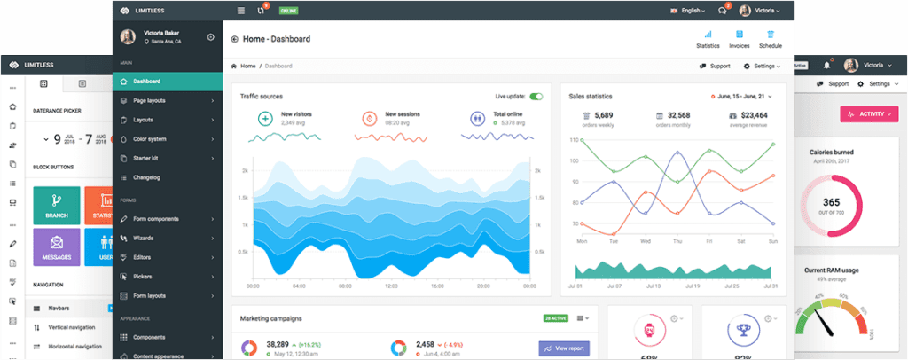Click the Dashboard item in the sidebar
(147, 82)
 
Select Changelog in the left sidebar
(146, 177)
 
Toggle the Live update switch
(536, 96)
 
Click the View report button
(564, 348)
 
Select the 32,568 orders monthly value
(678, 115)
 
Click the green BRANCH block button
(56, 205)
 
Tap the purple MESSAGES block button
(56, 247)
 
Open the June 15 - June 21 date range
(744, 96)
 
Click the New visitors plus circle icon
(264, 118)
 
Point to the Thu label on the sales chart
(677, 240)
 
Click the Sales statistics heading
(591, 96)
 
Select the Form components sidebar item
(156, 219)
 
